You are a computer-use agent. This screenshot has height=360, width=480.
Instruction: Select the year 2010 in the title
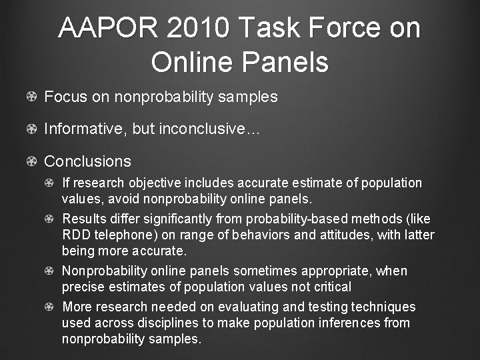coord(199,29)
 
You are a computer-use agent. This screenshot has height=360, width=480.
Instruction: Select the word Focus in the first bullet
coord(65,97)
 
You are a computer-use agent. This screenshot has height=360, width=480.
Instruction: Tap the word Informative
coord(85,129)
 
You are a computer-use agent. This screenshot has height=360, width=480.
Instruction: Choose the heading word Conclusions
coord(87,161)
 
